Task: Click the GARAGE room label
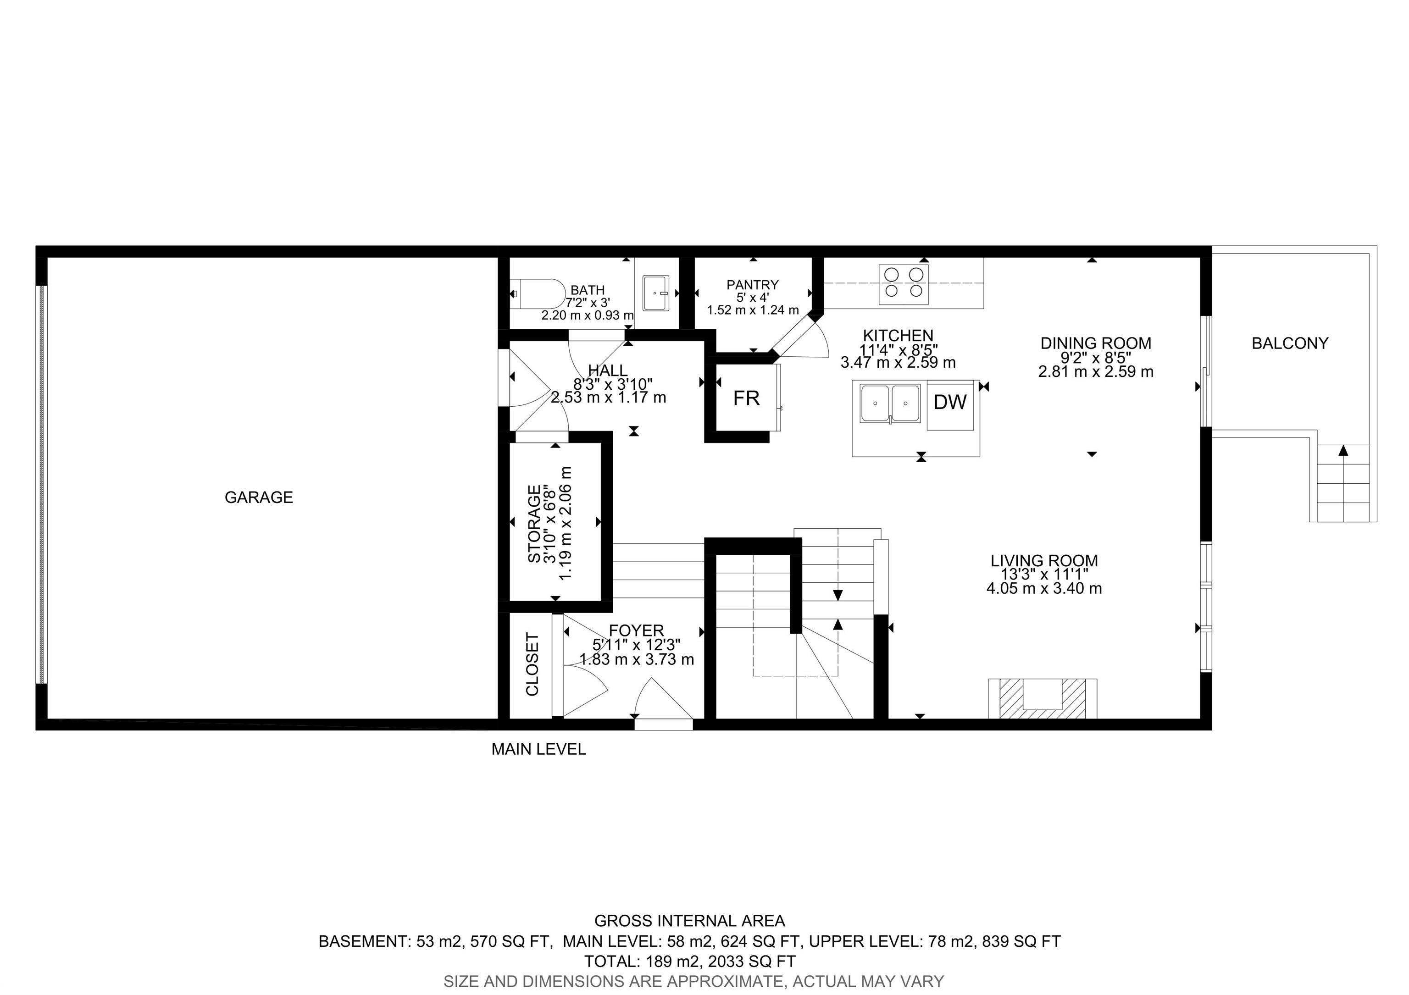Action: click(258, 497)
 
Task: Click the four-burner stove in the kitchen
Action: click(904, 284)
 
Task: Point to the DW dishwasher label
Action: click(950, 403)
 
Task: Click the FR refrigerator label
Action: click(746, 399)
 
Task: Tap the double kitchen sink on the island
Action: click(890, 404)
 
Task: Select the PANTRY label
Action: click(752, 285)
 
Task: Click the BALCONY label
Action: click(1290, 343)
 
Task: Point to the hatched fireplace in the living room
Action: click(1042, 698)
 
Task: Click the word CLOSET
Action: click(532, 664)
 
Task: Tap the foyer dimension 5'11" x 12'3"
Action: click(636, 645)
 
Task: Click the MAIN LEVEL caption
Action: click(538, 749)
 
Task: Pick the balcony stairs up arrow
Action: click(1343, 451)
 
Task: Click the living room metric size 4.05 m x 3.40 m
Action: click(1044, 589)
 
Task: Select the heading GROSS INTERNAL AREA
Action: click(689, 921)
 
